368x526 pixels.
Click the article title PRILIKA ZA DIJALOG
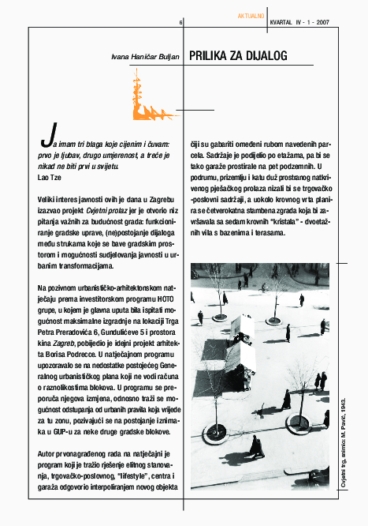[238, 56]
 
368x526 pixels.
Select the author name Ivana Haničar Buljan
[145, 58]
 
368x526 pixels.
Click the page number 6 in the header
[180, 24]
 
